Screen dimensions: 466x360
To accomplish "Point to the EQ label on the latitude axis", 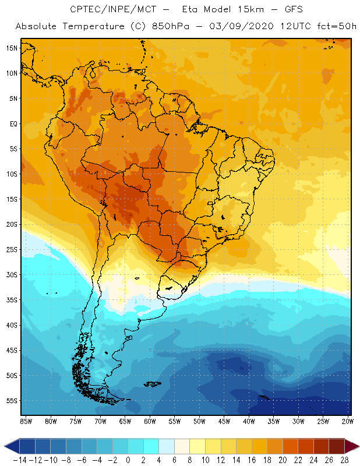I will click(x=12, y=123).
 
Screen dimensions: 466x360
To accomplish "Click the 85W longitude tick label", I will click(x=26, y=421).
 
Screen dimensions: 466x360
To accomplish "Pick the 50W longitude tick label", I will click(x=199, y=421).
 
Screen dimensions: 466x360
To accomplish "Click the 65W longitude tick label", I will click(x=125, y=421).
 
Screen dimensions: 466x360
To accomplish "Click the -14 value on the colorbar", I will click(x=19, y=460).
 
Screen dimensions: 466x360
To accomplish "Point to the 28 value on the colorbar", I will click(x=344, y=460).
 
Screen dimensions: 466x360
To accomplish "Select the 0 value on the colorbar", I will click(x=128, y=460).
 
